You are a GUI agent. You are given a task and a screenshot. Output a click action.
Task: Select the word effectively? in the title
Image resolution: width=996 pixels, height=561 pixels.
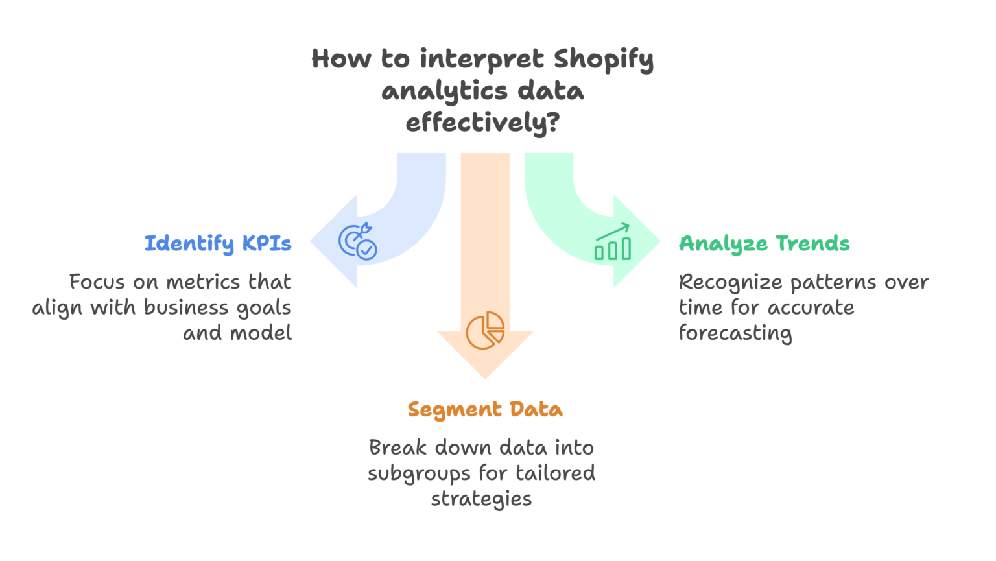click(x=482, y=123)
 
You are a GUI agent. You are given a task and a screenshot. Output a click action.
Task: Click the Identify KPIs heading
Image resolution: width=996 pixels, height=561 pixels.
click(x=218, y=243)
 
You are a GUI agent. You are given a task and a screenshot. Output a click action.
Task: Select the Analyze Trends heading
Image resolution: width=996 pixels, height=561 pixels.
click(x=764, y=243)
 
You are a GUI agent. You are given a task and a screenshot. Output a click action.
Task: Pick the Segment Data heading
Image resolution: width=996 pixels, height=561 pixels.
click(x=485, y=409)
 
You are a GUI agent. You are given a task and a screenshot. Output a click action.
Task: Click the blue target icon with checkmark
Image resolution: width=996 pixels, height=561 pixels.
click(x=358, y=242)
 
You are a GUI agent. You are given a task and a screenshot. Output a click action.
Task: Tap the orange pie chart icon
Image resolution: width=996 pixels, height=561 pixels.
click(x=485, y=330)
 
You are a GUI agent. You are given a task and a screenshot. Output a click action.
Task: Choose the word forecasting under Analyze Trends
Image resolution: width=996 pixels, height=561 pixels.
click(x=735, y=333)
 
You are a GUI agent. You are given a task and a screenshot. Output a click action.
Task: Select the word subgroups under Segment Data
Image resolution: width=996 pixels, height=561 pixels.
click(x=419, y=474)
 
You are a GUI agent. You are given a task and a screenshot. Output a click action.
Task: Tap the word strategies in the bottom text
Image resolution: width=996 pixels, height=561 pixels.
click(x=481, y=499)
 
